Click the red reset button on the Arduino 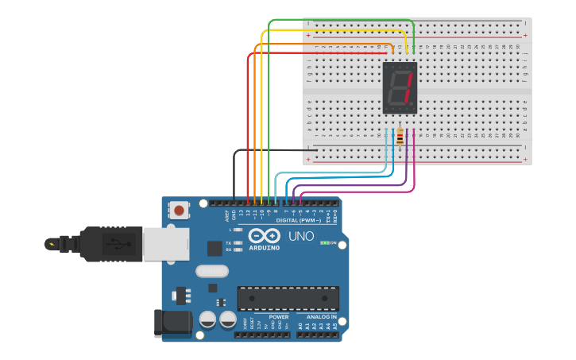point(180,211)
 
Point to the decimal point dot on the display point(414,106)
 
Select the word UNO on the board point(300,236)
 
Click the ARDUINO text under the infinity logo point(264,247)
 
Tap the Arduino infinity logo point(264,235)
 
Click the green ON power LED point(324,243)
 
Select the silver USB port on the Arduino point(165,244)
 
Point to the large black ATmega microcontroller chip point(288,298)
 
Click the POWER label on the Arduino point(279,317)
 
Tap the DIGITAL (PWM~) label point(298,220)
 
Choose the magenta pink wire point(414,171)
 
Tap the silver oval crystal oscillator point(212,271)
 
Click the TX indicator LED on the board point(238,242)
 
